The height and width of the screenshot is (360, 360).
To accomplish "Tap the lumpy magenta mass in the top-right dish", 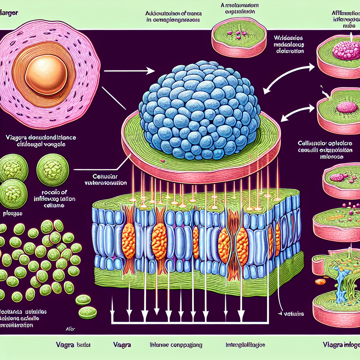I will (346, 51).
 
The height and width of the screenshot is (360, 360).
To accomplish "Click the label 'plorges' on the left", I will (13, 213).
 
